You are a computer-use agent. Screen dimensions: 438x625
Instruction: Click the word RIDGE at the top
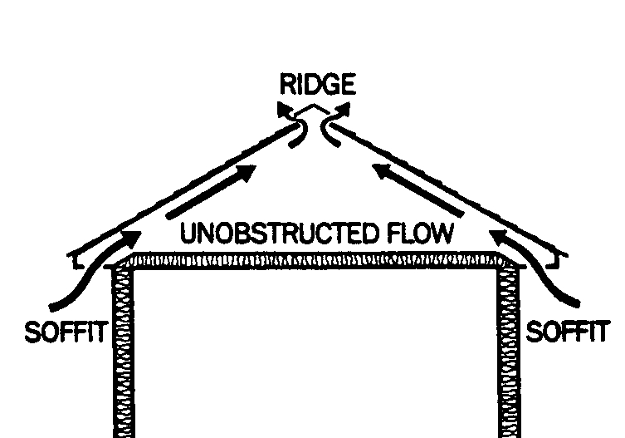coord(317,84)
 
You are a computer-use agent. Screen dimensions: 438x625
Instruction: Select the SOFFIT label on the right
coord(568,333)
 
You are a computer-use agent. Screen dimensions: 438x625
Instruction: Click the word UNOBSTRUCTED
coord(278,234)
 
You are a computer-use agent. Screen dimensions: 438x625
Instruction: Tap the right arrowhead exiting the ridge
coord(344,109)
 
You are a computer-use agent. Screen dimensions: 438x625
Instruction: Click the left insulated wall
coord(122,349)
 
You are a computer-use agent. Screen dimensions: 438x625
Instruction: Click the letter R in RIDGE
coord(286,84)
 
